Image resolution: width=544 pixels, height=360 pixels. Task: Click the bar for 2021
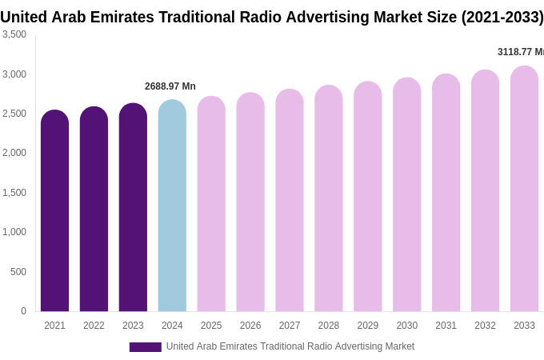54,212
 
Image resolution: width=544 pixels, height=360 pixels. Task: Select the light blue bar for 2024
172,206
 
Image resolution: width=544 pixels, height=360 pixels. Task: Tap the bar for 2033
524,190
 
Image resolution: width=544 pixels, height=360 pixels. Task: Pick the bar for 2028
328,199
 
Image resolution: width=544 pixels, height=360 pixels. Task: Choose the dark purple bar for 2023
133,208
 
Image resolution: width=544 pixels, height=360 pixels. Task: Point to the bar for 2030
406,195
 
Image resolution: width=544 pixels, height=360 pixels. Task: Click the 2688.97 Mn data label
170,86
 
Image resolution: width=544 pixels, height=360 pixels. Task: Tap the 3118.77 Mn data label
520,52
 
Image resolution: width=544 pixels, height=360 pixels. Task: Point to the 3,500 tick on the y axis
14,34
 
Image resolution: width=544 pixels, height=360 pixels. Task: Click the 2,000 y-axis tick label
14,153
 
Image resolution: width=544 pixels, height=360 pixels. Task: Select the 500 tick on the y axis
18,272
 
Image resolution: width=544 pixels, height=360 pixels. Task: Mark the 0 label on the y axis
23,311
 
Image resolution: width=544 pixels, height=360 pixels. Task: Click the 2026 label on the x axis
250,326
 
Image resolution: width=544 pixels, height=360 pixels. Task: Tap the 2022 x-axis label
94,326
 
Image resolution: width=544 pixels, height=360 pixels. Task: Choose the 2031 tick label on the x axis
446,326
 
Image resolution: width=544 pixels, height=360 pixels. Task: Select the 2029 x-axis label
367,326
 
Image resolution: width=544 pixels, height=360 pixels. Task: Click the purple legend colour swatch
145,347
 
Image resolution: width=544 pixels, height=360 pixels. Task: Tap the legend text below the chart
290,346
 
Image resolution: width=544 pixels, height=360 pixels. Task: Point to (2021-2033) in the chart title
502,17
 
